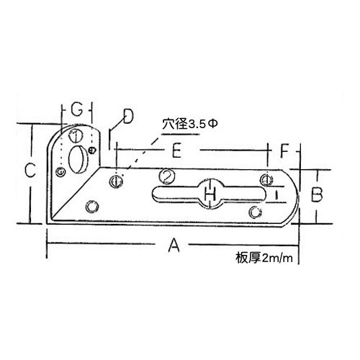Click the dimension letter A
pyautogui.click(x=174, y=246)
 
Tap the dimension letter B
pyautogui.click(x=317, y=194)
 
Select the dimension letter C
pyautogui.click(x=30, y=170)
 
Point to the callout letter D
pyautogui.click(x=128, y=117)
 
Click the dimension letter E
pyautogui.click(x=176, y=150)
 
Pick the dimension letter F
pyautogui.click(x=284, y=151)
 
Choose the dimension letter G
pyautogui.click(x=76, y=110)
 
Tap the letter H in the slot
pyautogui.click(x=210, y=194)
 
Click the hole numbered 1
pyautogui.click(x=76, y=135)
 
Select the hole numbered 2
pyautogui.click(x=167, y=176)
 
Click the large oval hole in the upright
pyautogui.click(x=78, y=159)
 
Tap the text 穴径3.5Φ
pyautogui.click(x=189, y=125)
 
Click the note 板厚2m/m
pyautogui.click(x=264, y=258)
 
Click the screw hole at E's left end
pyautogui.click(x=116, y=181)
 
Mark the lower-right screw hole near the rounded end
pyautogui.click(x=256, y=212)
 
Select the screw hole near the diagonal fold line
pyautogui.click(x=92, y=207)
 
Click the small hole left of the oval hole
pyautogui.click(x=60, y=172)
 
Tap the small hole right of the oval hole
pyautogui.click(x=92, y=150)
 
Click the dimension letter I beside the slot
pyautogui.click(x=276, y=194)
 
